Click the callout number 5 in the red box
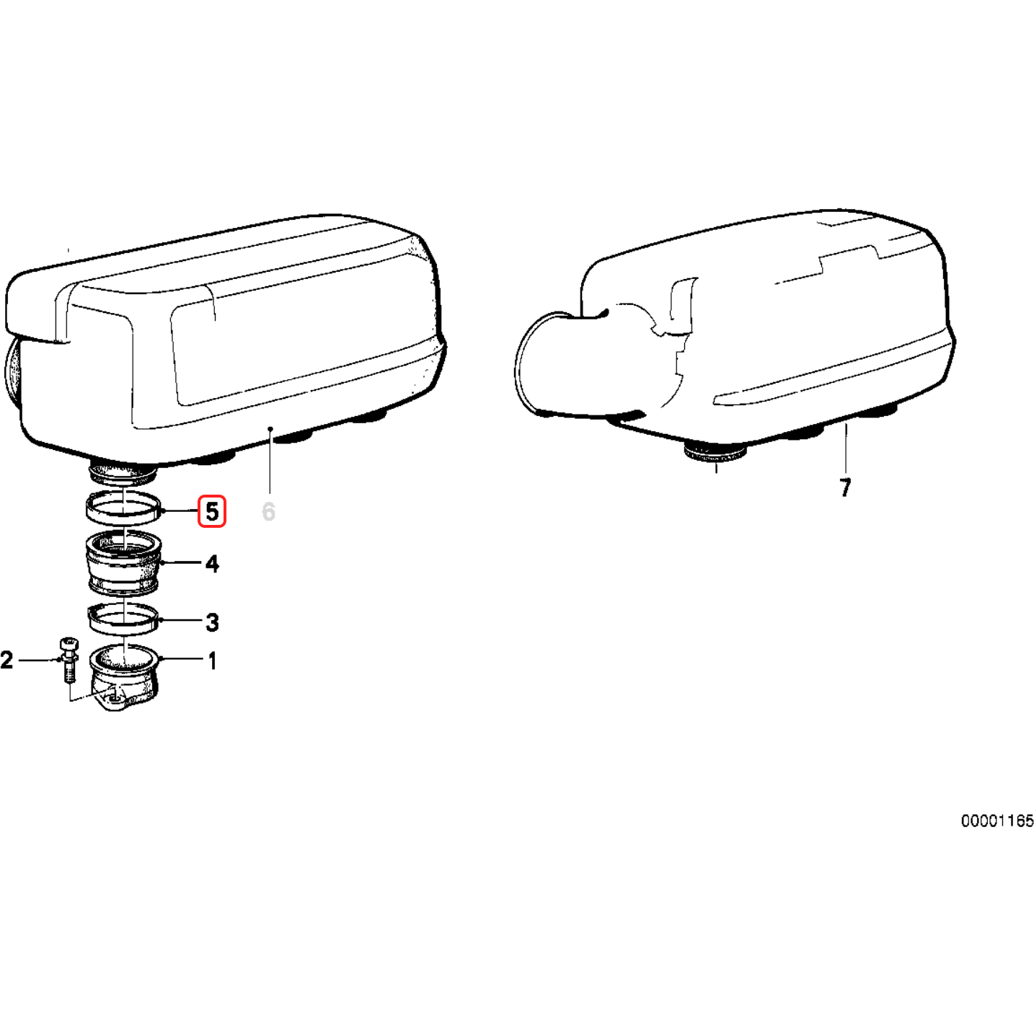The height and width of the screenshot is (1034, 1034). (212, 511)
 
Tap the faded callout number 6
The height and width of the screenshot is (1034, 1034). (268, 512)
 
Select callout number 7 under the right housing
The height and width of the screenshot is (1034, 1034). (845, 487)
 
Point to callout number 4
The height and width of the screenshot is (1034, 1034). (213, 564)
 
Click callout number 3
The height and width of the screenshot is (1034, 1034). (213, 622)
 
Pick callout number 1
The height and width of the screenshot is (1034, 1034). (213, 661)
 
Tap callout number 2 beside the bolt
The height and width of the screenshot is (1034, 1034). (6, 660)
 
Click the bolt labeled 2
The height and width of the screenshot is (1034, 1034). (69, 660)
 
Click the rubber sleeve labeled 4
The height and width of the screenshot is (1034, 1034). (123, 562)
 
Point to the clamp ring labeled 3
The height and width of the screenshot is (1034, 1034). (123, 618)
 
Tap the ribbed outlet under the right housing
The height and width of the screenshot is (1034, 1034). (715, 454)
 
